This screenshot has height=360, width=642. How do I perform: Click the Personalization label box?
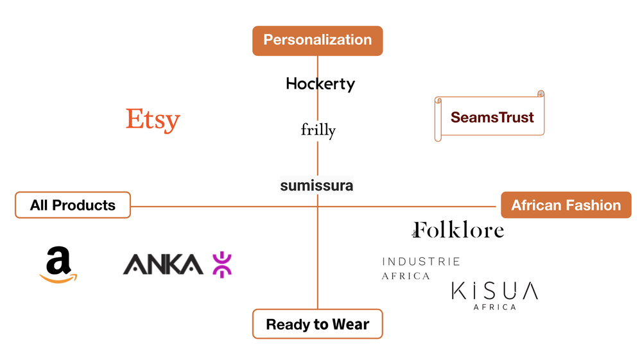317,40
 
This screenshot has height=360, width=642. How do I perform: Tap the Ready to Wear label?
317,324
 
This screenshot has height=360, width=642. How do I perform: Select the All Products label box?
73,205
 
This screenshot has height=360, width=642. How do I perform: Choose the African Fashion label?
566,205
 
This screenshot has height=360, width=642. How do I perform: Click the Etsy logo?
153,120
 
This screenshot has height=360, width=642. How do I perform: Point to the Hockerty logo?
320,84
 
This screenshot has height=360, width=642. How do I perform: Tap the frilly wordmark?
318,130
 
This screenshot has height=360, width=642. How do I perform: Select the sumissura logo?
317,185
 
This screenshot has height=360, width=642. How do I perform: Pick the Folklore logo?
458,230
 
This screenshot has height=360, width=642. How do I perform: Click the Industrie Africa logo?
421,268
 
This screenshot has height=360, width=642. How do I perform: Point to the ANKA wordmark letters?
163,264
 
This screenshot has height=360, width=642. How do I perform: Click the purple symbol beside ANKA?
222,264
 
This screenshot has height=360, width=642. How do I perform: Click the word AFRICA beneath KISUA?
494,307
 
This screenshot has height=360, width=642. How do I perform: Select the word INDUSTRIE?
421,261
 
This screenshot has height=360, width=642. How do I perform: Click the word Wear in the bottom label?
351,324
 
